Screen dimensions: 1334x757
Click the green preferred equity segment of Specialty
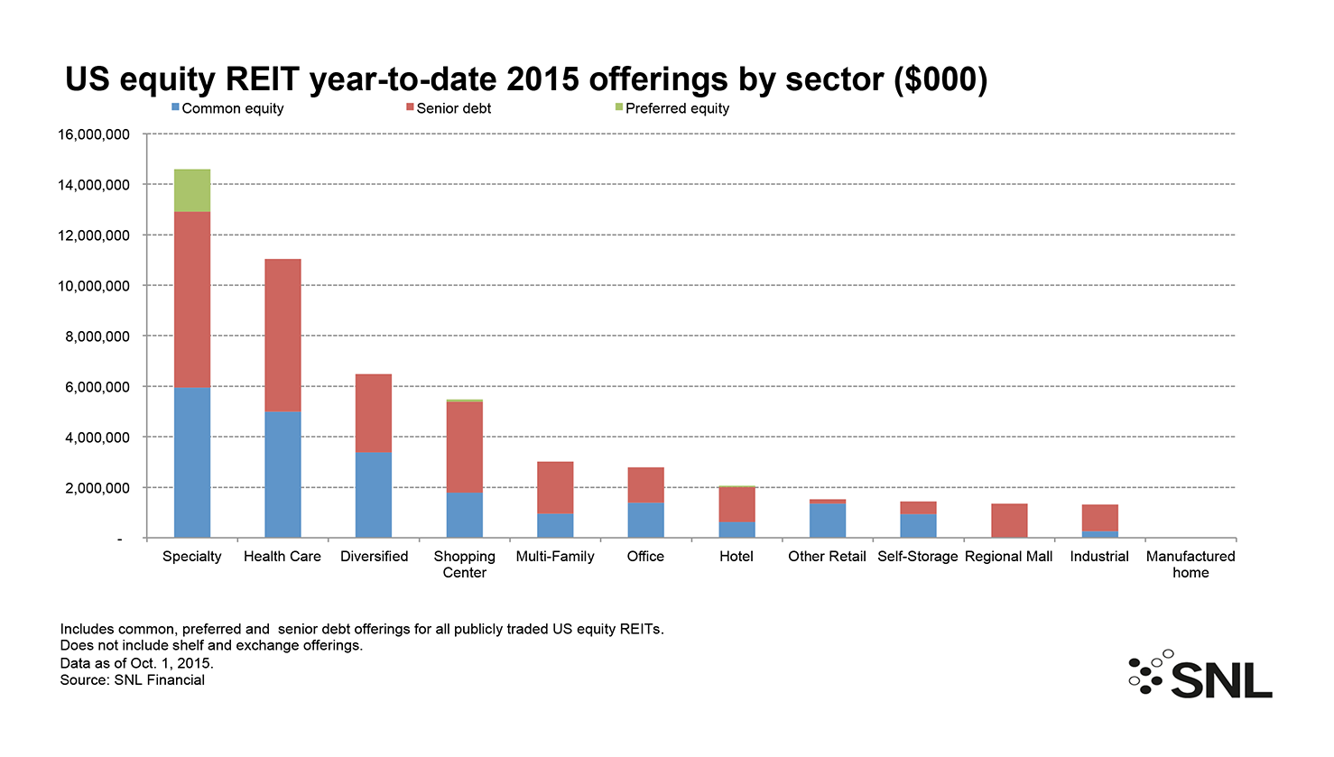(x=191, y=190)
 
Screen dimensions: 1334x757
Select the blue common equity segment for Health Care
(x=283, y=475)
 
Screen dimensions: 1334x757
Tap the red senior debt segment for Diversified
(x=374, y=413)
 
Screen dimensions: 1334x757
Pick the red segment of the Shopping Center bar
(x=465, y=447)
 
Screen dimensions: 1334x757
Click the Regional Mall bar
(x=1009, y=521)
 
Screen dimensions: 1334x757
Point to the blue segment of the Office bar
(x=646, y=520)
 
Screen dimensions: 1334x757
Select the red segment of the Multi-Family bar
(x=555, y=487)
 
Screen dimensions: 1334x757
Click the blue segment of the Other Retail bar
(x=828, y=521)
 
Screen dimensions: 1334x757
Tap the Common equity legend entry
(x=227, y=108)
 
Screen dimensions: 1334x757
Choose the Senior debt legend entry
(x=449, y=108)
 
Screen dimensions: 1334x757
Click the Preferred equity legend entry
(x=672, y=108)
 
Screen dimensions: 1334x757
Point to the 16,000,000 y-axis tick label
(x=94, y=134)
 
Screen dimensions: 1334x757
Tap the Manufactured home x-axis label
(x=1190, y=564)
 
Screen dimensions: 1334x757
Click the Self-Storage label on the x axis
(x=918, y=557)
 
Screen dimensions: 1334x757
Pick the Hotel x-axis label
(x=736, y=557)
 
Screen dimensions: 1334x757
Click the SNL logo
(x=1200, y=674)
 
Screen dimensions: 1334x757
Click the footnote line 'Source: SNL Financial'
(x=132, y=679)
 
